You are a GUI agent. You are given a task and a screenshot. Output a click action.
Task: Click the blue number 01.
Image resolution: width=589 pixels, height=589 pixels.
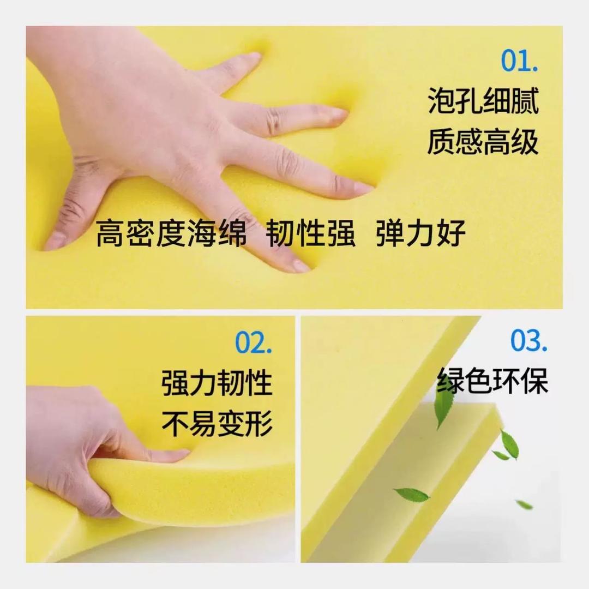520,61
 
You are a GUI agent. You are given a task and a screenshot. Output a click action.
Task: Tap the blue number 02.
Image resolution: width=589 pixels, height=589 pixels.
254,342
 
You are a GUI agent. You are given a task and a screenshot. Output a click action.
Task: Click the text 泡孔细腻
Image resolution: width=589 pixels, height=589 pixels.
483,100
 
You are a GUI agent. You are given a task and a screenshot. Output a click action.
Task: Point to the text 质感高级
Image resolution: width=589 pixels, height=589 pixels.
483,142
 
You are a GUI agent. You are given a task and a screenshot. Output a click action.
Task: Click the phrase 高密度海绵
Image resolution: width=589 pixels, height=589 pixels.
171,233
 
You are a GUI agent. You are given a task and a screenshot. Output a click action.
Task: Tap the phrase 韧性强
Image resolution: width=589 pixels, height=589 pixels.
310,233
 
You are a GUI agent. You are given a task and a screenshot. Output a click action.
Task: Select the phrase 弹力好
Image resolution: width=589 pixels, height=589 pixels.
420,233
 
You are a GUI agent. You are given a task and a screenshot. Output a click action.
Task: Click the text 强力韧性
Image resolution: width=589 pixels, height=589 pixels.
217,383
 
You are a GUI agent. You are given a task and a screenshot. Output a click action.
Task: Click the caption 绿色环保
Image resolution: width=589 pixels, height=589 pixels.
492,381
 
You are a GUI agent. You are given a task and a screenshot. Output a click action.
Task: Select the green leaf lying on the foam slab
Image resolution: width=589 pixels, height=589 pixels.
411,495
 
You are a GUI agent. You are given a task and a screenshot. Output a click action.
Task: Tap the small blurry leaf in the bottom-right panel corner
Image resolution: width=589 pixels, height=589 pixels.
525,504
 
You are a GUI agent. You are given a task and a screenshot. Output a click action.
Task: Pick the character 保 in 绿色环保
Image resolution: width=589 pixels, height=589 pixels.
534,381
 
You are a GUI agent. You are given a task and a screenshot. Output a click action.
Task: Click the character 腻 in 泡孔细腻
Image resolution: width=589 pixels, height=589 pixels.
526,100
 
